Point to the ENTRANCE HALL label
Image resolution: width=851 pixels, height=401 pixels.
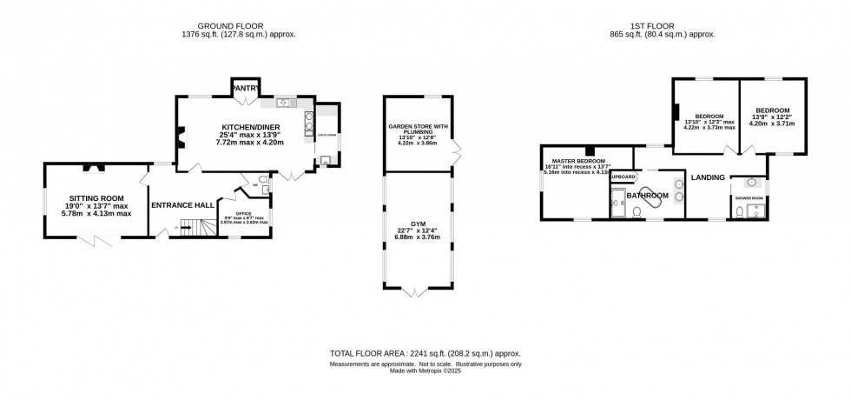click(x=182, y=205)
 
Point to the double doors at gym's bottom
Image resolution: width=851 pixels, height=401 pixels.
click(x=417, y=289)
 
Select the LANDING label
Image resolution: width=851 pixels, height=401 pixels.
click(x=708, y=177)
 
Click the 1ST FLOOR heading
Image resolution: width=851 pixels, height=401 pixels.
click(x=663, y=26)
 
